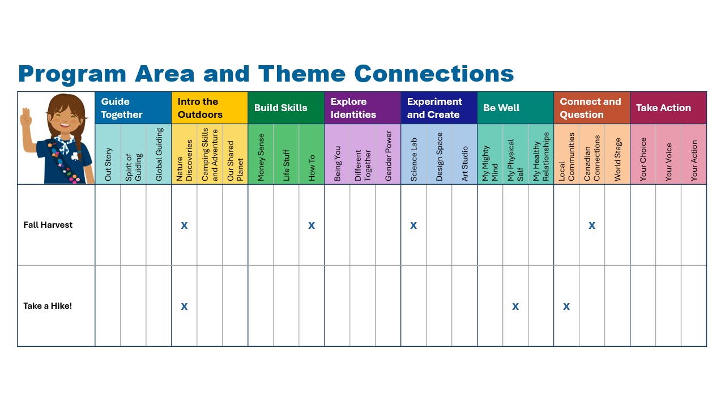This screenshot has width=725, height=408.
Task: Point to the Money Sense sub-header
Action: [x=261, y=157]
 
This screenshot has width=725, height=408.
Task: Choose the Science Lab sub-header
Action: [x=413, y=159]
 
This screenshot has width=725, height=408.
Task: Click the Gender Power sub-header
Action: [x=388, y=156]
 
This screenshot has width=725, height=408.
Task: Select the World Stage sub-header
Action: [x=617, y=159]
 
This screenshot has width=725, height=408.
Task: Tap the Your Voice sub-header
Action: [x=668, y=162]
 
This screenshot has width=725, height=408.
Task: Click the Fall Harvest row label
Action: [x=48, y=225]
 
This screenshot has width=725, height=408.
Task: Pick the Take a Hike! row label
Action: [x=48, y=306]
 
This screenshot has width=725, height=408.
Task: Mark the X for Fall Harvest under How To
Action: [x=312, y=226]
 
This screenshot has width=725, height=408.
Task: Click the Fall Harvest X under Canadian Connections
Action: [x=592, y=226]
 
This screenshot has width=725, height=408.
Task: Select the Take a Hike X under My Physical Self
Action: [x=515, y=307]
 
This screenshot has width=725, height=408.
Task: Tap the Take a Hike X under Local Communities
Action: [x=566, y=307]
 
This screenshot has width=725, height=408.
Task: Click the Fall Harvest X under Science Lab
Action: [x=413, y=226]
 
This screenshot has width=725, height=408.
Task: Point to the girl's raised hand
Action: [x=26, y=117]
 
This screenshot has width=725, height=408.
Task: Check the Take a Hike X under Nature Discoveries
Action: [x=184, y=307]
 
